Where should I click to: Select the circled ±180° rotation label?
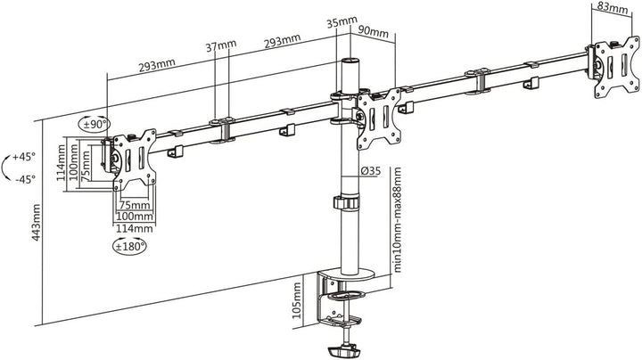(130, 244)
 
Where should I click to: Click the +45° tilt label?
(25, 157)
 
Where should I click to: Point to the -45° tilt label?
(25, 179)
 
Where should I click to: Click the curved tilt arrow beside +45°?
(8, 168)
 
